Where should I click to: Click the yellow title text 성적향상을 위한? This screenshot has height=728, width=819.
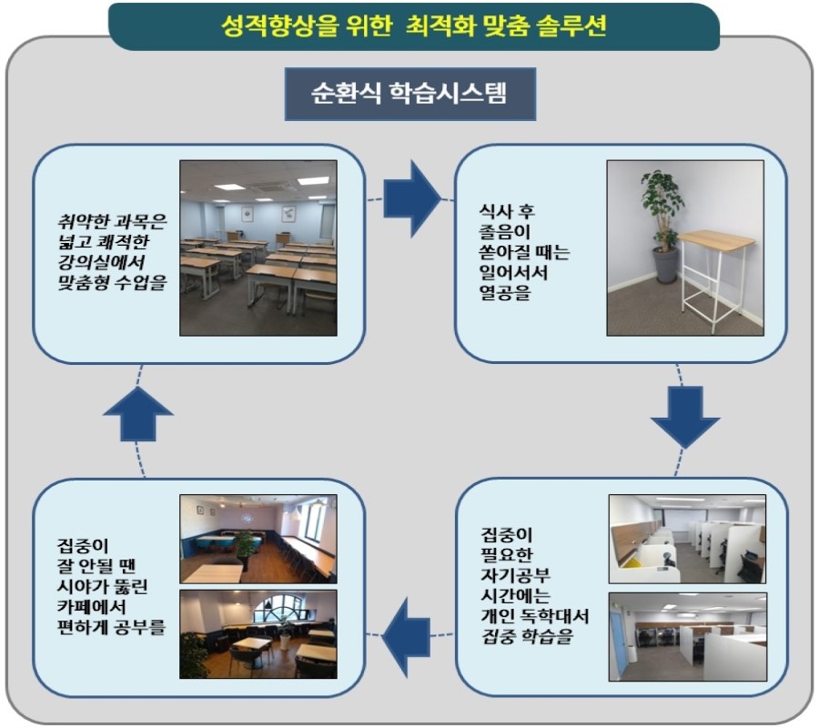[x=306, y=26]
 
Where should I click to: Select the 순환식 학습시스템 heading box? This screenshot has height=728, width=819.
[x=410, y=94]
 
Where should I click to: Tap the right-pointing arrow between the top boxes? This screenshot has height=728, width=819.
[x=412, y=199]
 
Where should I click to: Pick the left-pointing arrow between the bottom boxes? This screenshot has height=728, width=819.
[x=407, y=637]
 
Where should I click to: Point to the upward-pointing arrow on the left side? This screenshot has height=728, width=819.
[x=138, y=414]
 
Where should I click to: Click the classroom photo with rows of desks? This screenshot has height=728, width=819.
[x=258, y=248]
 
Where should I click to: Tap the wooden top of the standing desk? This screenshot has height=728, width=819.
[x=717, y=240]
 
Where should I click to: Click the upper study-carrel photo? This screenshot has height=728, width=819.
[x=687, y=539]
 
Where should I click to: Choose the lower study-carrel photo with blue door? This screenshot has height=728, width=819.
[x=687, y=637]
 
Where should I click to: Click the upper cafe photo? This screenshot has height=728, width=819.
[x=258, y=539]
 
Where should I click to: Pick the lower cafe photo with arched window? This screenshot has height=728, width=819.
[x=258, y=634]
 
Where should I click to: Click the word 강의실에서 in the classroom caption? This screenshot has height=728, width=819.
[x=101, y=262]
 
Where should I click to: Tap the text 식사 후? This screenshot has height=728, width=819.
[x=507, y=211]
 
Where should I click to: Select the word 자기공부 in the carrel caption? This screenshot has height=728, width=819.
[x=515, y=575]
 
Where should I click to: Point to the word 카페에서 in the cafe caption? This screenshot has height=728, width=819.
[x=91, y=606]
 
